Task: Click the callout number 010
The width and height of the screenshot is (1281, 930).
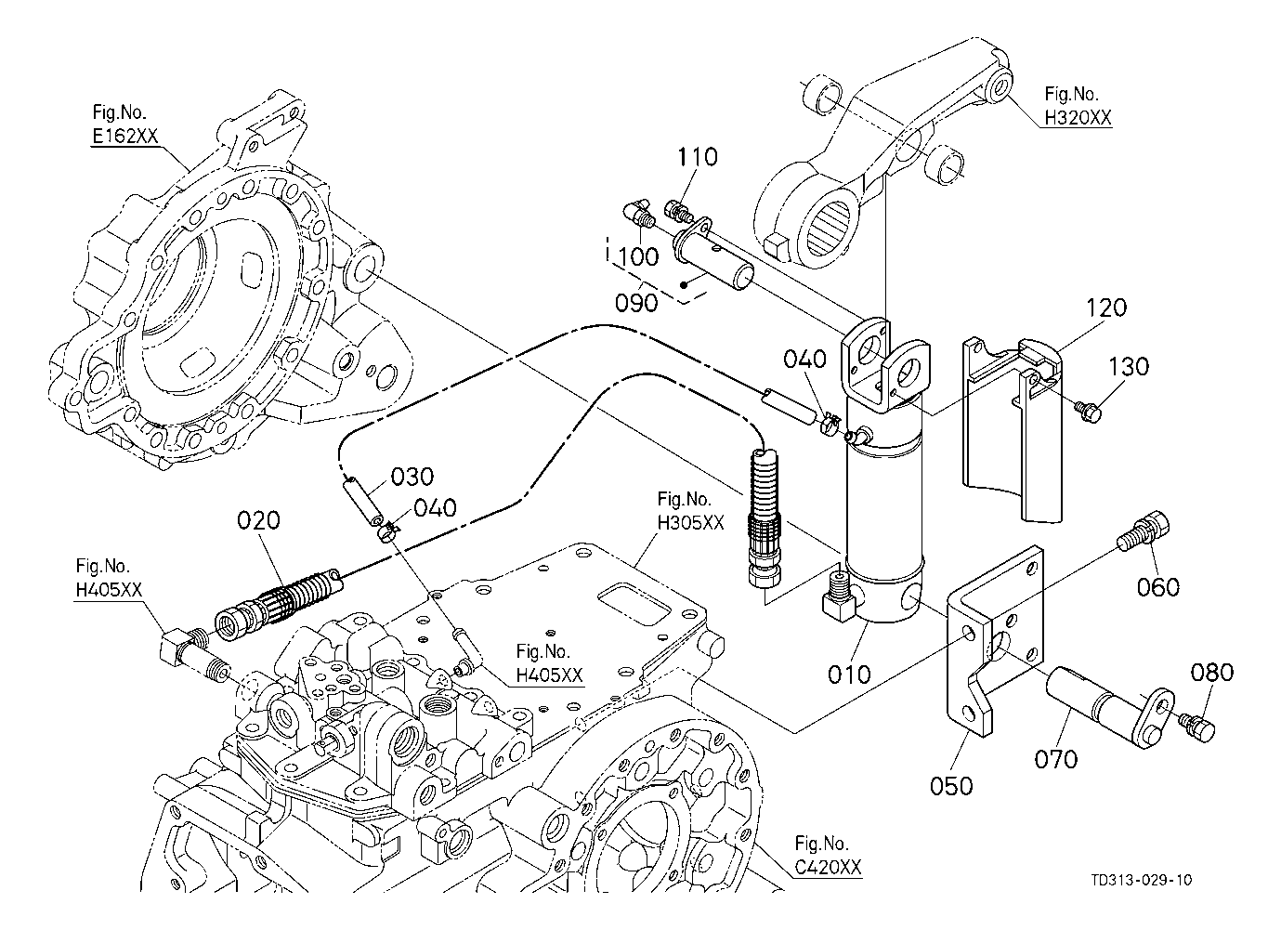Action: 849,674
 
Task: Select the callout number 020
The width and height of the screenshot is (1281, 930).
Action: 258,520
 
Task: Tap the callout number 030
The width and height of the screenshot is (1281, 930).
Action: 412,477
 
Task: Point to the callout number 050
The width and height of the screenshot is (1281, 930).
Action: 951,786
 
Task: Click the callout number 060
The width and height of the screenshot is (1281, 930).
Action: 1158,586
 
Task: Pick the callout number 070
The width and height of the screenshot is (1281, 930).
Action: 1056,759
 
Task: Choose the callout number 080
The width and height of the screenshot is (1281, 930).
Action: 1213,672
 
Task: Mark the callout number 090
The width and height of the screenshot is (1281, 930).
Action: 637,303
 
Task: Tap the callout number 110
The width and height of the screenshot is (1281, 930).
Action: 697,157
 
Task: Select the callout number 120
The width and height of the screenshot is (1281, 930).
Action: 1105,308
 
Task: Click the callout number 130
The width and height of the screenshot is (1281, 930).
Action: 1129,366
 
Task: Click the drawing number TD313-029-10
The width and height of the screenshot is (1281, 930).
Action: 1142,880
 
